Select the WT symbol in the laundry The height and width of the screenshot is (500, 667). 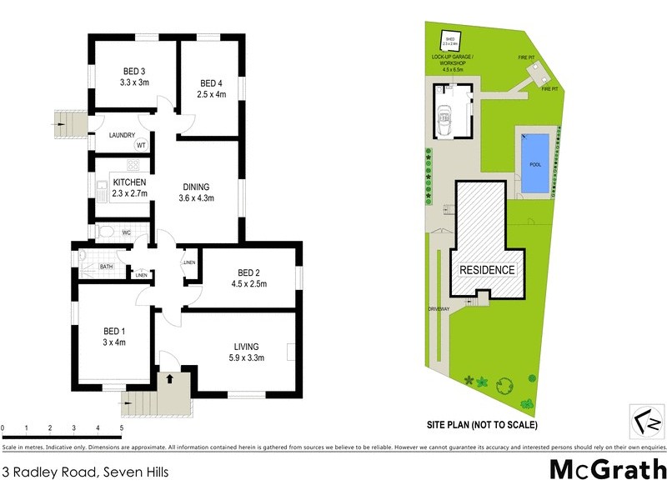(x=141, y=145)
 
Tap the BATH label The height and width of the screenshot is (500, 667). (x=106, y=267)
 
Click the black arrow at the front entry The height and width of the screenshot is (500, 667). (x=171, y=379)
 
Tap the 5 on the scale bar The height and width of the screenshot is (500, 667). (x=122, y=428)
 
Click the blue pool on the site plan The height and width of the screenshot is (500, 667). (x=534, y=163)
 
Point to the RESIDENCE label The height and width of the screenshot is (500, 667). (x=488, y=270)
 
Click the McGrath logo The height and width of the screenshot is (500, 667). (x=608, y=469)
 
